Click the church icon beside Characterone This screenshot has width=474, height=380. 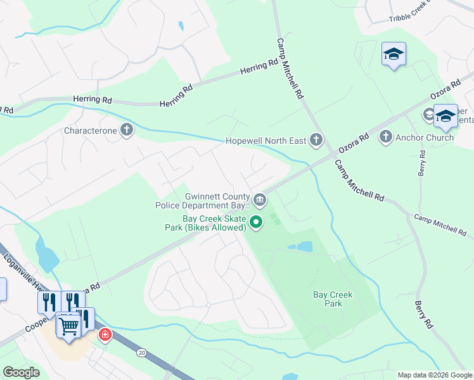coord(127,130)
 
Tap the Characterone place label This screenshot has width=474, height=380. coord(91,130)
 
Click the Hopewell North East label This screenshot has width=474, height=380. coord(267,141)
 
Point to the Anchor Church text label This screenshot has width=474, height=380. coord(425,137)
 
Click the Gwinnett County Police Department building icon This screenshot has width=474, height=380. coord(260,201)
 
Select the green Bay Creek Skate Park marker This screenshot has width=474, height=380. coord(256,222)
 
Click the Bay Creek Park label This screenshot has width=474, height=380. coord(333,299)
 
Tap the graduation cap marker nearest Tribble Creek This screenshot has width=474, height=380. coord(394,54)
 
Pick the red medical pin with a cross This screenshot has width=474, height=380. coord(105,334)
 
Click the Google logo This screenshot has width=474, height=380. coord(22,372)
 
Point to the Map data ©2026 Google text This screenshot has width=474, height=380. coord(434,375)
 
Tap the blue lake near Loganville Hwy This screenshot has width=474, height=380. coord(46,255)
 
